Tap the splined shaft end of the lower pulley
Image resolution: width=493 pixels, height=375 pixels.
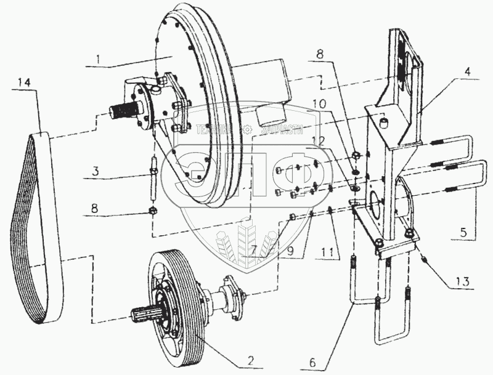tap(141, 315)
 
